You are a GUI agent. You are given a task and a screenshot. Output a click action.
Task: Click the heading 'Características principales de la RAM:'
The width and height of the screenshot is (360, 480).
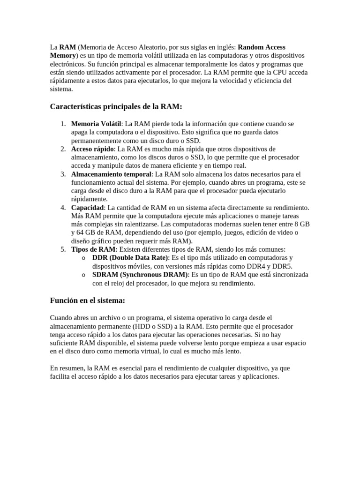(116, 107)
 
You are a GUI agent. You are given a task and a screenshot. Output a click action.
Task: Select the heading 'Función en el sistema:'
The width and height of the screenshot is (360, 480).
(88, 300)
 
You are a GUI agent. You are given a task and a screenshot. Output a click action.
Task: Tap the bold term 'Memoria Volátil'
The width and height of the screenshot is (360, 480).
(96, 124)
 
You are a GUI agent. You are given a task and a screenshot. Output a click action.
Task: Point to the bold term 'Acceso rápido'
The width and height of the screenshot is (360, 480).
(92, 149)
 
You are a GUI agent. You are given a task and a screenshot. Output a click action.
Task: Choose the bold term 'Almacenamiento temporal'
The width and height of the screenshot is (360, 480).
(111, 174)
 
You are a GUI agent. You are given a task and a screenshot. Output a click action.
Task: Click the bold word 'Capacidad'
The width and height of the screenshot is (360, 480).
(87, 208)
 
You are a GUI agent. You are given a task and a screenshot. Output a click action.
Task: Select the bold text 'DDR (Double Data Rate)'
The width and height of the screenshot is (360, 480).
(130, 258)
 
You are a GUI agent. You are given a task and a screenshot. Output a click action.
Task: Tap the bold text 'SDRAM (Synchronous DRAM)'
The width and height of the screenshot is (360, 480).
(140, 275)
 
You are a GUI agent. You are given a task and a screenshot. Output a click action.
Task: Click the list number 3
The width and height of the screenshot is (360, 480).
(63, 174)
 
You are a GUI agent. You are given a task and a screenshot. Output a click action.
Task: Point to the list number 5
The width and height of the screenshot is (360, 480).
(63, 249)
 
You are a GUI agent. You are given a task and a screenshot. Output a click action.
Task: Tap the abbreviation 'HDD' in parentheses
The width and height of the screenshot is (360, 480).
(141, 326)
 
